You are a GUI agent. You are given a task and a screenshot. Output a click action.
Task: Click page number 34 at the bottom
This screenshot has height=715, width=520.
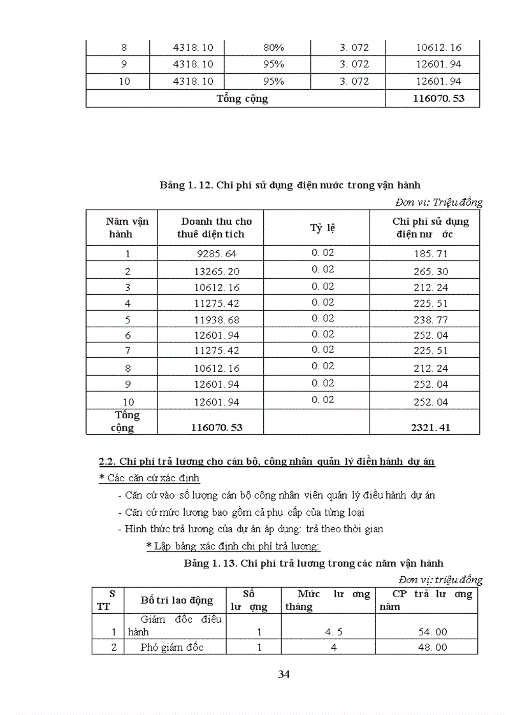(x=284, y=674)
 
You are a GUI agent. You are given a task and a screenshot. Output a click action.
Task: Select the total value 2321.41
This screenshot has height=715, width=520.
(x=431, y=427)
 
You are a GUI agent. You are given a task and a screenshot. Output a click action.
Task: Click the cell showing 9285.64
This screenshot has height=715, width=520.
(x=217, y=254)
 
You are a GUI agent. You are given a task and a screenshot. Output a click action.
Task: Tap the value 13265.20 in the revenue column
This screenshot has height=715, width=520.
(x=217, y=271)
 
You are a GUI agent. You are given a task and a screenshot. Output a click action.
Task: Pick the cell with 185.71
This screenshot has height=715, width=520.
(x=431, y=254)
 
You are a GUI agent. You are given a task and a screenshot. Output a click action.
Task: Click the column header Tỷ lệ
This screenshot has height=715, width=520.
(x=322, y=228)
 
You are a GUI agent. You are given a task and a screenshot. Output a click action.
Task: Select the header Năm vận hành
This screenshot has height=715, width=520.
(x=127, y=227)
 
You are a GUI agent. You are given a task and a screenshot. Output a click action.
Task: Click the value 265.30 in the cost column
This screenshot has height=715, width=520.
(x=431, y=271)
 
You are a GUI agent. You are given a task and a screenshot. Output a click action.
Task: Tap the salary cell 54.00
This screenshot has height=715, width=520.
(x=431, y=631)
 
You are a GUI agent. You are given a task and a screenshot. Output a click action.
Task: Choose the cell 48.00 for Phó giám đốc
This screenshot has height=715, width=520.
(x=431, y=647)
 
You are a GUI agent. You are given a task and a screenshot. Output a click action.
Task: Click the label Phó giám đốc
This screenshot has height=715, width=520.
(x=174, y=647)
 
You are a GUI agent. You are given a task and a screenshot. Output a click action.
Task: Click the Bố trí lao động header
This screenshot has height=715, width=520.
(x=177, y=600)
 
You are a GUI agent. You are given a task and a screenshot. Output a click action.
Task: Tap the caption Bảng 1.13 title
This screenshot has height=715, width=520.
(x=314, y=563)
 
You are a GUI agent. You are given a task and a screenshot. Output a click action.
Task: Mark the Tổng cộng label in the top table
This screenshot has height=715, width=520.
(x=242, y=99)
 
